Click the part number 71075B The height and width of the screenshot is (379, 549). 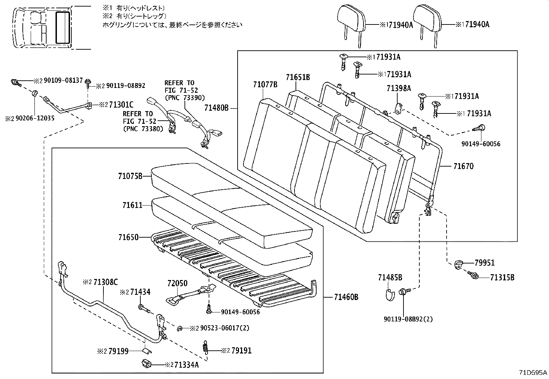(x=130, y=176)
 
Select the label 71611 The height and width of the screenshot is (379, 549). (x=132, y=205)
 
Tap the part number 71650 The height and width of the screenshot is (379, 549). (x=128, y=237)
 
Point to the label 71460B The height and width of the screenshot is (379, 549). (x=346, y=297)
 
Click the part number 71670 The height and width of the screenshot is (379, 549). (x=463, y=166)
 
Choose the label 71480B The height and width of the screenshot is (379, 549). (x=216, y=108)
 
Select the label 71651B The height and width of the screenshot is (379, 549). (x=298, y=77)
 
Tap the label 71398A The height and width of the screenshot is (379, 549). (x=398, y=88)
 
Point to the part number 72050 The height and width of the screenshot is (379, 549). (x=177, y=283)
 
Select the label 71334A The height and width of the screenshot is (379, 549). (x=186, y=365)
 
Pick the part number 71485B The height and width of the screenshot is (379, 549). (x=390, y=277)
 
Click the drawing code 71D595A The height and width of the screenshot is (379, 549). (x=533, y=373)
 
